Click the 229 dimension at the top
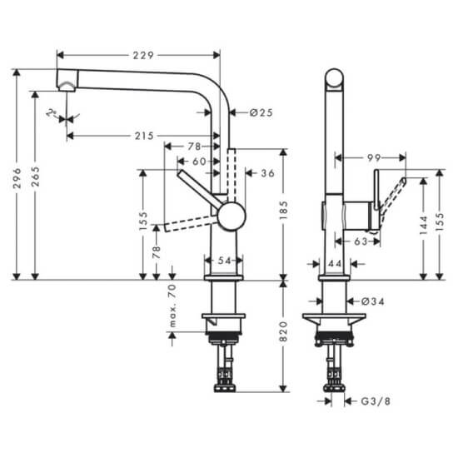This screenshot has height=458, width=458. click(x=143, y=55)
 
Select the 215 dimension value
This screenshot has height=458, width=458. click(x=144, y=136)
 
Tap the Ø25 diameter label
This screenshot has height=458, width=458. click(x=261, y=112)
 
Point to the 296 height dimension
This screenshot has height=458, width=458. click(x=17, y=177)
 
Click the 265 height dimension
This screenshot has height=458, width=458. click(x=35, y=177)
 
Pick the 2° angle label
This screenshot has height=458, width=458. click(x=52, y=112)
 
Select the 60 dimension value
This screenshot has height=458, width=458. click(x=200, y=162)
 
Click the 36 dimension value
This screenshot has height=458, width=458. click(x=268, y=173)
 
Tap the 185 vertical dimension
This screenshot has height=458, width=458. click(x=284, y=211)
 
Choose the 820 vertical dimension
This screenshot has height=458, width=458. click(x=284, y=331)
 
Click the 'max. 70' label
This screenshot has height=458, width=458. click(x=172, y=306)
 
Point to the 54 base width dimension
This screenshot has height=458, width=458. click(x=224, y=261)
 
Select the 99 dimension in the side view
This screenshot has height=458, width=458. click(x=374, y=157)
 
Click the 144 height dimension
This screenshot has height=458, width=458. click(x=424, y=225)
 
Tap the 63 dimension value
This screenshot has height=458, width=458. click(x=361, y=241)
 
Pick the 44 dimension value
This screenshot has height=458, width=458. click(x=335, y=264)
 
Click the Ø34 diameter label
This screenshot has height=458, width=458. click(x=373, y=301)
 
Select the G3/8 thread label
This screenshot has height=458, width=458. click(x=376, y=401)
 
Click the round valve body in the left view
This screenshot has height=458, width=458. click(x=232, y=217)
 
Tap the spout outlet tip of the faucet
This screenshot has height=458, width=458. click(x=67, y=88)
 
